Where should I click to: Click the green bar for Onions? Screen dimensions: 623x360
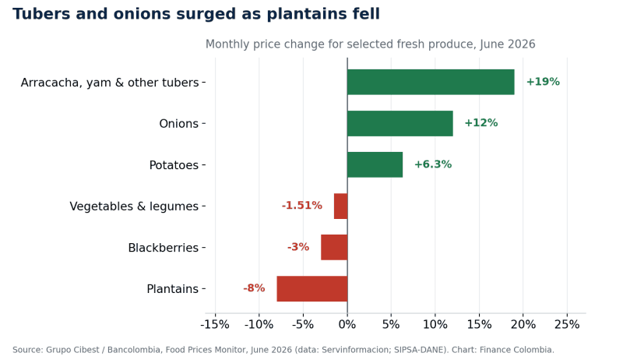400,124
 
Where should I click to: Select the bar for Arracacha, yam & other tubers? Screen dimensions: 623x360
431,83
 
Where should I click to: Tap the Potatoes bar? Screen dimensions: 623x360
375,165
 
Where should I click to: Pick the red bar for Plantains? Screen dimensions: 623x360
312,289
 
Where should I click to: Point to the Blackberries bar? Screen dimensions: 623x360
334,248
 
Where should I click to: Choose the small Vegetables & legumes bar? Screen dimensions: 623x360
341,206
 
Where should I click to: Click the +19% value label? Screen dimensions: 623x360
543,82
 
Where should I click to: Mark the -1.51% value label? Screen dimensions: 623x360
302,206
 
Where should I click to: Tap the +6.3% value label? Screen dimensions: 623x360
433,164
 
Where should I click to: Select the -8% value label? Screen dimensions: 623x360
255,288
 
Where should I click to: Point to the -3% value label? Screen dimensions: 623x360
298,247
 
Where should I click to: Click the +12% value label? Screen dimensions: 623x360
481,123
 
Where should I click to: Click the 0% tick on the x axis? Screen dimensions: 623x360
347,325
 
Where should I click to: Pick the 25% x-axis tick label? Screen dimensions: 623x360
567,325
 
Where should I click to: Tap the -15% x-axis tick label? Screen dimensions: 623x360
215,325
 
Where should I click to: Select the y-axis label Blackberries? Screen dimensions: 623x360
164,248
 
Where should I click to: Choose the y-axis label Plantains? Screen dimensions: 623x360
172,289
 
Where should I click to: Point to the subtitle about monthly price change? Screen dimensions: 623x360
371,44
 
